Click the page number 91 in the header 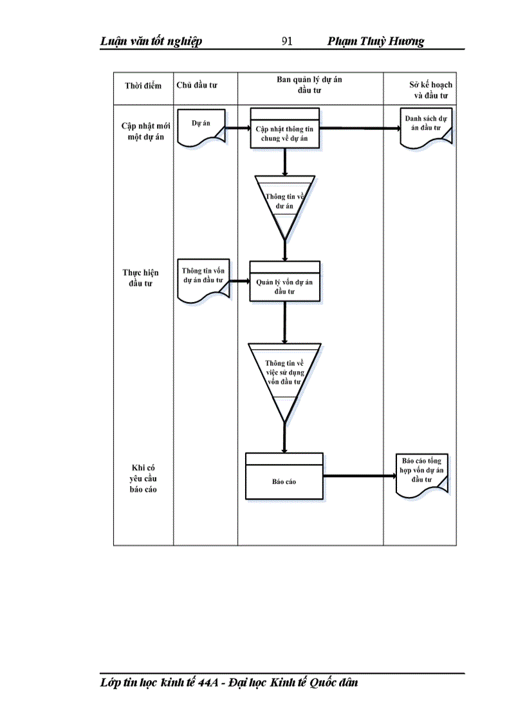tap(287, 42)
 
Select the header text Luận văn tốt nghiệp tap(151, 42)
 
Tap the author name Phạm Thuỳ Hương tap(376, 42)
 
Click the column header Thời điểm tap(143, 86)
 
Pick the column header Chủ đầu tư tap(198, 86)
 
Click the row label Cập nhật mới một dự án tap(143, 131)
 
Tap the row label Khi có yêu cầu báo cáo tap(143, 478)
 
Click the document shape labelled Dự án tap(201, 128)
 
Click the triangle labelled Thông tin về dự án tap(284, 199)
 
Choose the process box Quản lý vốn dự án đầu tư tap(284, 284)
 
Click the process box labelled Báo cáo tap(284, 480)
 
